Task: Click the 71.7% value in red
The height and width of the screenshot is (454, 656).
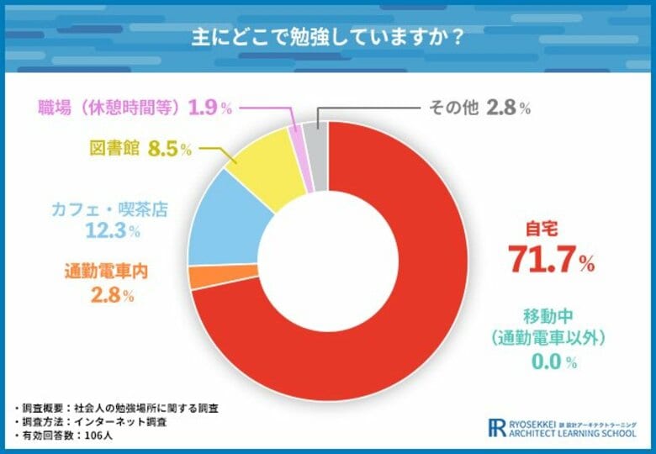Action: [551, 260]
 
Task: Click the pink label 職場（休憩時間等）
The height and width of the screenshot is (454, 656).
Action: [110, 108]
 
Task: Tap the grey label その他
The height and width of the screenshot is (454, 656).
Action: [453, 108]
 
